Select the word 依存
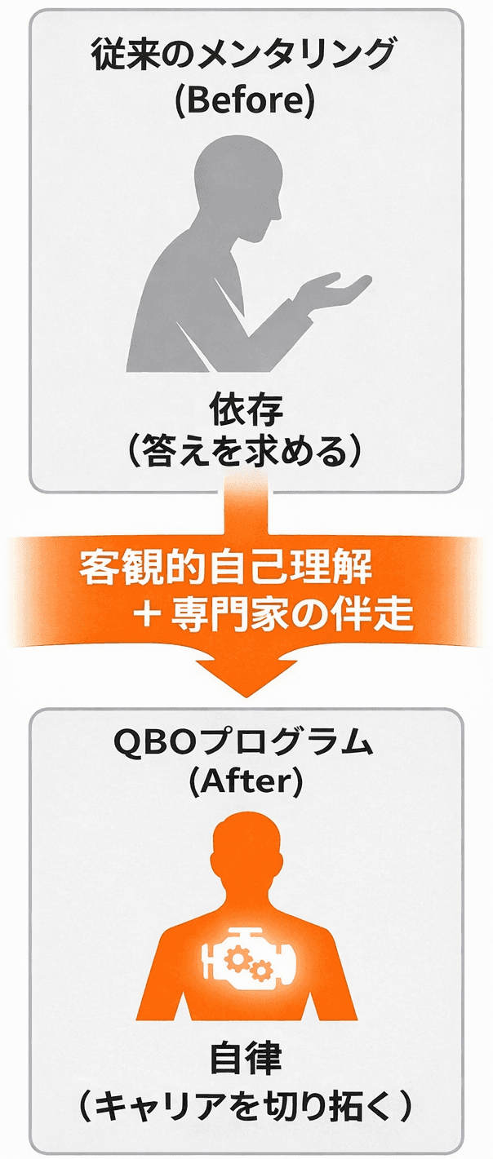pos(246,408)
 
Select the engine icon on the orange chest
pos(246,954)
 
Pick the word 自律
pos(246,1060)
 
